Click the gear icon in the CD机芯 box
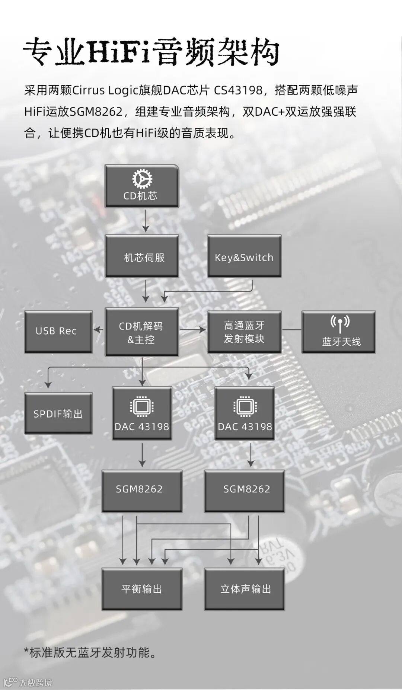pyautogui.click(x=142, y=179)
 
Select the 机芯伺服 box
pyautogui.click(x=142, y=256)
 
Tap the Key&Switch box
pyautogui.click(x=244, y=256)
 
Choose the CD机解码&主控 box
pyautogui.click(x=142, y=332)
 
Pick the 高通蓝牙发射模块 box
pyautogui.click(x=244, y=332)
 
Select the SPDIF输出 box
pyautogui.click(x=58, y=413)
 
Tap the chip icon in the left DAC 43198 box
pyautogui.click(x=142, y=407)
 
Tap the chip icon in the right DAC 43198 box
pyautogui.click(x=245, y=407)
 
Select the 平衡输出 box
pyautogui.click(x=142, y=589)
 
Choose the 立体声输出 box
pyautogui.click(x=244, y=589)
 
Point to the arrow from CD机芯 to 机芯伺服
pyautogui.click(x=146, y=221)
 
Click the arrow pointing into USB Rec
pyautogui.click(x=98, y=329)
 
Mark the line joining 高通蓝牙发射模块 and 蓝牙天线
pyautogui.click(x=291, y=330)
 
